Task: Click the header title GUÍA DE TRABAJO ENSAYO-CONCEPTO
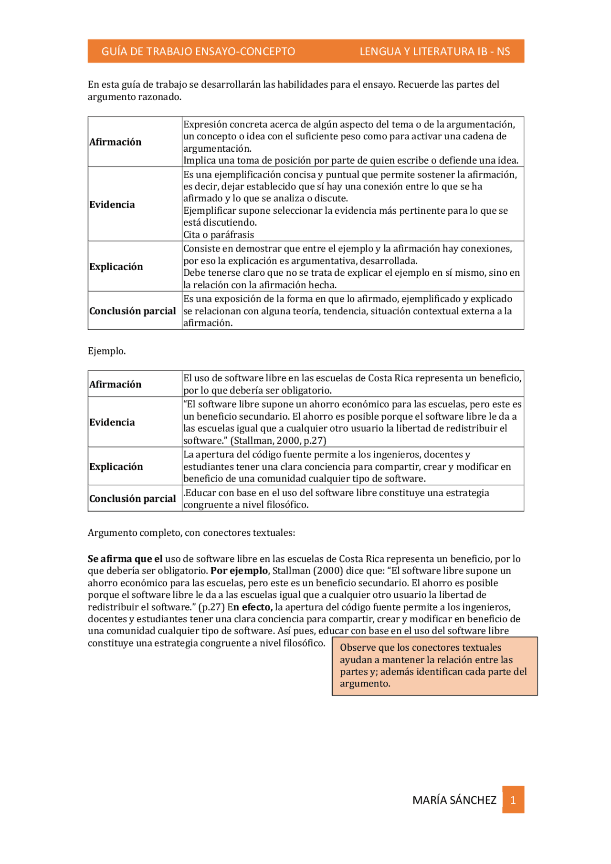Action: point(198,52)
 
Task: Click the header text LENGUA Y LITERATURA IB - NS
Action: point(434,52)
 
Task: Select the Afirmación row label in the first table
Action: point(115,142)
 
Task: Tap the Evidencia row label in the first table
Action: point(112,205)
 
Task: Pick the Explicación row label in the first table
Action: point(116,267)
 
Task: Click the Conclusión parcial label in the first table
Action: point(132,311)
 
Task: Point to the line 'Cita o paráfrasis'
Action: point(219,235)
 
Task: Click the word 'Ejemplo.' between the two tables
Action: point(106,351)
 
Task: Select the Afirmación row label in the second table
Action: point(115,385)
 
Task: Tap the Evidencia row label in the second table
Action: point(112,422)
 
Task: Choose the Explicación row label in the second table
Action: point(116,467)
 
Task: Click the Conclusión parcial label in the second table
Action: point(132,499)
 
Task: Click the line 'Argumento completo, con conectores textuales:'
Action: point(191,533)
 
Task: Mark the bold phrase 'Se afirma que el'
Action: point(125,559)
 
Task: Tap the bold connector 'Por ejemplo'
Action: point(239,571)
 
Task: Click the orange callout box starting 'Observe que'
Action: point(434,666)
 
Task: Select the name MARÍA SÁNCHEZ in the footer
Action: point(454,800)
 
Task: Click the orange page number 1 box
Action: point(513,800)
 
